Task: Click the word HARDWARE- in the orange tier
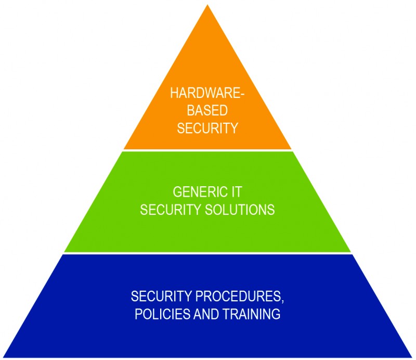(207, 93)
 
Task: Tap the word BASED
(207, 110)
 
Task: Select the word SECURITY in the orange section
(207, 128)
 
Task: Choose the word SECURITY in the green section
(171, 210)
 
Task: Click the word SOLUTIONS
(240, 210)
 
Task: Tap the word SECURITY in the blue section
(161, 296)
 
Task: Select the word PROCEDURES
(238, 296)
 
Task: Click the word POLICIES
(162, 314)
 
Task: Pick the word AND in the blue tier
(206, 314)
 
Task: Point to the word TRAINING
(251, 314)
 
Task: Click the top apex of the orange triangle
(207, 5)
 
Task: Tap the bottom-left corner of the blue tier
(3, 357)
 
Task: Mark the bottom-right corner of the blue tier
(412, 357)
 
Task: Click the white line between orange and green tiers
(207, 150)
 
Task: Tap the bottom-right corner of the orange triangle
(291, 149)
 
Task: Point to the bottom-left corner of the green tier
(64, 252)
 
